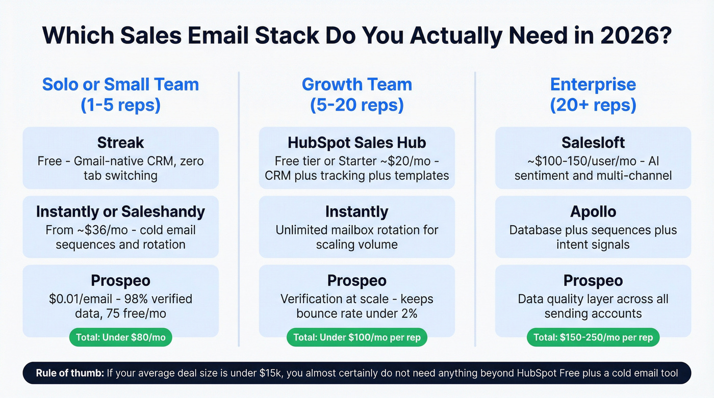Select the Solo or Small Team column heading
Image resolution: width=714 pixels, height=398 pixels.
pyautogui.click(x=120, y=84)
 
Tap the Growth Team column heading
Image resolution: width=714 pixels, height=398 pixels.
pyautogui.click(x=356, y=84)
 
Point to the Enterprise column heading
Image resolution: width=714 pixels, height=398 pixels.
pyautogui.click(x=593, y=84)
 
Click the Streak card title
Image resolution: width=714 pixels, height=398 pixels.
pyautogui.click(x=120, y=142)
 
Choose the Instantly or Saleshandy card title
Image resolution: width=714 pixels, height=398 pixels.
pyautogui.click(x=120, y=211)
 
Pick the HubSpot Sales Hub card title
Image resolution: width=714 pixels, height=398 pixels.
pyautogui.click(x=356, y=142)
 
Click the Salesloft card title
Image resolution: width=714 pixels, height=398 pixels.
pyautogui.click(x=593, y=142)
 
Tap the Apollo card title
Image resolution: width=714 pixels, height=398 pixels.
pyautogui.click(x=593, y=211)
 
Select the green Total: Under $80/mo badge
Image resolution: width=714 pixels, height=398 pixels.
pyautogui.click(x=120, y=337)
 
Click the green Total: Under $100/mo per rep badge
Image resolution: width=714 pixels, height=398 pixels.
pyautogui.click(x=356, y=337)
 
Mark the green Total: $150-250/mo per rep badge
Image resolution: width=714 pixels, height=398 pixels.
pyautogui.click(x=593, y=337)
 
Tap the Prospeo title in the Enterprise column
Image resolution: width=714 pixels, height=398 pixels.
pyautogui.click(x=593, y=281)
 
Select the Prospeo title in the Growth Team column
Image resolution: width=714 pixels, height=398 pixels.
pyautogui.click(x=356, y=281)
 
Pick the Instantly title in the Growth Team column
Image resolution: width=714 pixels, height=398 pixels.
pyautogui.click(x=356, y=211)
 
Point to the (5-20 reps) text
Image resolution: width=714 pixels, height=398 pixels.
pyautogui.click(x=356, y=105)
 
